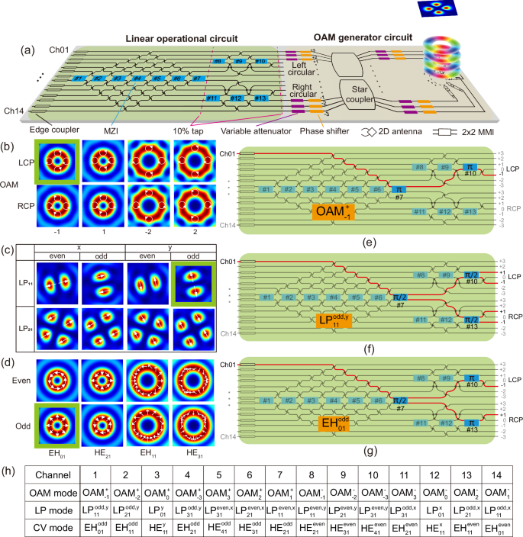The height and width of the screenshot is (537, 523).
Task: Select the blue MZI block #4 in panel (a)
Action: pos(137,79)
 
